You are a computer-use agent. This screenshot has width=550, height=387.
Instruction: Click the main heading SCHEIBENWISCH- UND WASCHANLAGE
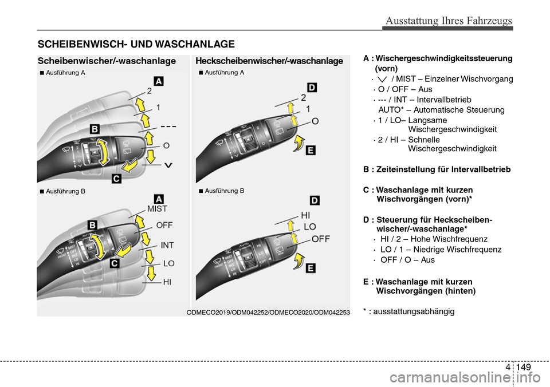[x=136, y=44]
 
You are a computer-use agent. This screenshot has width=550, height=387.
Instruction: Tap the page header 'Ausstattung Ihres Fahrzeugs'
[x=449, y=21]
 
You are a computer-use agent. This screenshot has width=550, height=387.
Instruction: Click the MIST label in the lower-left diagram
[x=158, y=209]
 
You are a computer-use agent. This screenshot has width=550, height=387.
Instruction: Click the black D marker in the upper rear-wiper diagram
[x=311, y=87]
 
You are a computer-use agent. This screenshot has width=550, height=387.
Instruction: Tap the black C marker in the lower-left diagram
[x=114, y=263]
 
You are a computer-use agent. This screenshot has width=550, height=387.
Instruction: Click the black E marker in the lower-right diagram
[x=310, y=267]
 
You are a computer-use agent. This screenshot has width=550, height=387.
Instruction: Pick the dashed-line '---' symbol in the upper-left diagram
[x=168, y=125]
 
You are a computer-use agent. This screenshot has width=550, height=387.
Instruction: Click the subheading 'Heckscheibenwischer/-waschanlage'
[x=269, y=61]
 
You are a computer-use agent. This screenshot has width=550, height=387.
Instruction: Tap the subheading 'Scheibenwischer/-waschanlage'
[x=107, y=61]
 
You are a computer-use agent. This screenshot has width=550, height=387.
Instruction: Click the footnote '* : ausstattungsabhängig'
[x=408, y=311]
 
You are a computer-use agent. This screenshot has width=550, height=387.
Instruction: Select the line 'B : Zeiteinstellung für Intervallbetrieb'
[x=437, y=169]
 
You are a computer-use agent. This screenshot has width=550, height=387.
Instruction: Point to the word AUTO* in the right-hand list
[x=392, y=110]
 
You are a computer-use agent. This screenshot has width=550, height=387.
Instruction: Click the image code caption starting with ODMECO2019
[x=268, y=311]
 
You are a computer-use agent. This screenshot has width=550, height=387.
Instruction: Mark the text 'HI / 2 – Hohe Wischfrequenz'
[x=434, y=239]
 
